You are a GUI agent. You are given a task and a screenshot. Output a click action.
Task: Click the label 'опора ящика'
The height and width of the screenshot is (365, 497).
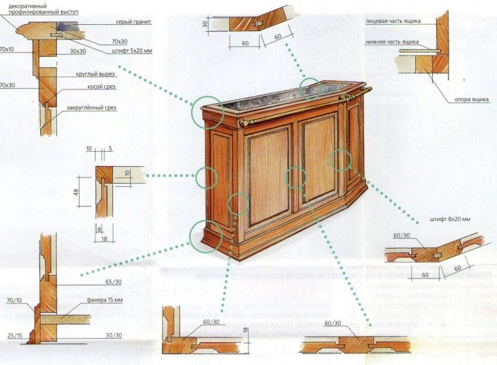tap(471, 99)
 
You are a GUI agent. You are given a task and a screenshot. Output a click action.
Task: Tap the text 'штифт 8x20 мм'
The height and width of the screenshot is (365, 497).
tap(450, 220)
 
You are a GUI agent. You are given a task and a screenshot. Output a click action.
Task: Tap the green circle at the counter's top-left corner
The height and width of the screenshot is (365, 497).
tap(207, 112)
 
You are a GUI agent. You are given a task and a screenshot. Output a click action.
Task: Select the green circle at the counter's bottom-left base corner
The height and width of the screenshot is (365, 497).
tap(206, 235)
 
